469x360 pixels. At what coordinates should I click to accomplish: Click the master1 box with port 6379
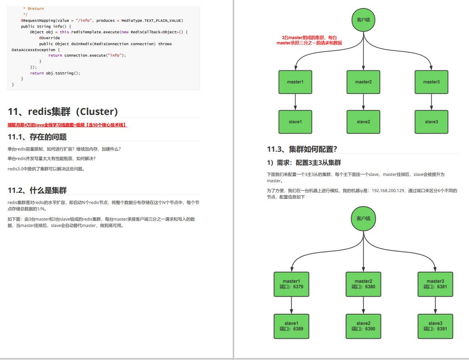[291, 284]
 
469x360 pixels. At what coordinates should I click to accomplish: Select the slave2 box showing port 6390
[363, 326]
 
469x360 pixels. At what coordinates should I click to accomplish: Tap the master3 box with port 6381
[435, 284]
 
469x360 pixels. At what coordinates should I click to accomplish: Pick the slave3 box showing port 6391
[435, 326]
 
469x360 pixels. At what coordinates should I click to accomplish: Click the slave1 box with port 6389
[291, 326]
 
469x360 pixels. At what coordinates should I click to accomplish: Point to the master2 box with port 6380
[363, 284]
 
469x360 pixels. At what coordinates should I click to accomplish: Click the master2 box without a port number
[363, 82]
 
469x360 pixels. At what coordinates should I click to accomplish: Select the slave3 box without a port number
[431, 122]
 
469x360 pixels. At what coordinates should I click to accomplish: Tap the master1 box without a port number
[295, 82]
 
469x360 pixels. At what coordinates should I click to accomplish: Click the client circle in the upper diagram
[363, 19]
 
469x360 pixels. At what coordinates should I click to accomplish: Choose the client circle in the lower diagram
[363, 218]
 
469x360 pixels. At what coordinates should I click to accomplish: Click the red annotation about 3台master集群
[309, 40]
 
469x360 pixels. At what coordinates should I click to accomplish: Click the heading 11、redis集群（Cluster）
[63, 112]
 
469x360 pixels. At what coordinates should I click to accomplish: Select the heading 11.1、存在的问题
[37, 137]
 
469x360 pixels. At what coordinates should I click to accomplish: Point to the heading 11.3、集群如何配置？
[302, 149]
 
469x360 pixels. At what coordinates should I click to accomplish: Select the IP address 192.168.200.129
[389, 190]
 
